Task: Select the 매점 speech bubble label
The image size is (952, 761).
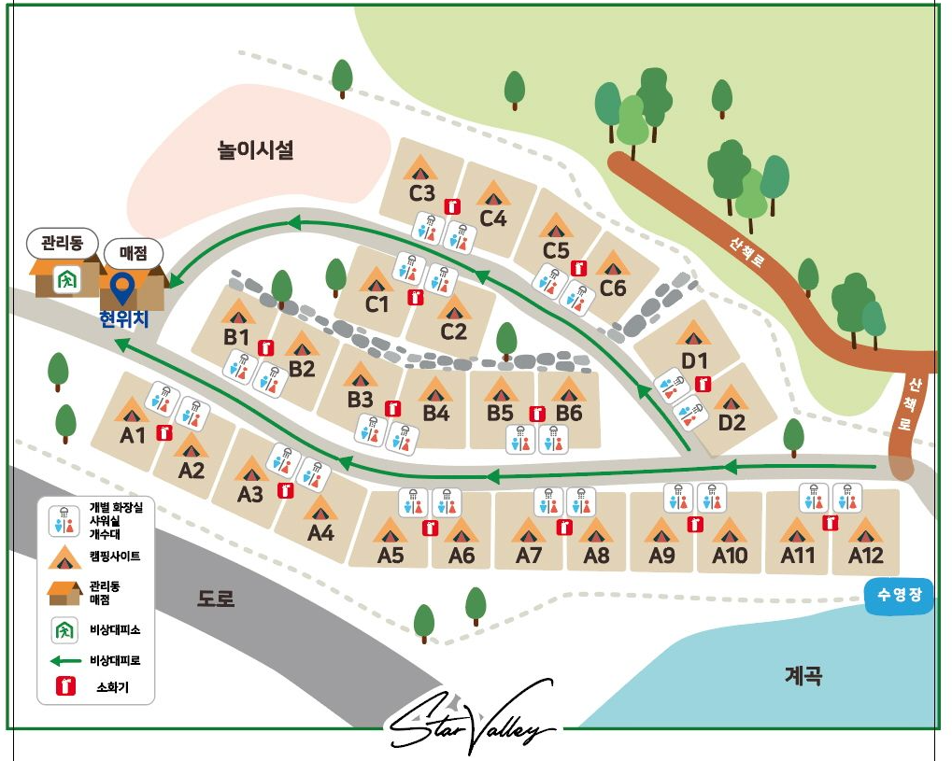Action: click(133, 252)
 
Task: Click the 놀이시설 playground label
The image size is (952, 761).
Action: click(255, 149)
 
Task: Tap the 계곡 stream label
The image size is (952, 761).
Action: click(803, 675)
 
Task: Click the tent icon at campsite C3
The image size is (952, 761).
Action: click(420, 168)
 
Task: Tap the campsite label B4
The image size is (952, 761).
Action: click(435, 413)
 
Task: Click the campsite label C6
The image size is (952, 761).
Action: click(613, 289)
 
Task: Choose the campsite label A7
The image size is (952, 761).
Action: click(529, 556)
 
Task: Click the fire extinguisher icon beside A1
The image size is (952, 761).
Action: click(165, 432)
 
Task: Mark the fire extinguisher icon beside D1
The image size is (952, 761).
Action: click(703, 384)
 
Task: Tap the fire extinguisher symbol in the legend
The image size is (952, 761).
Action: click(65, 686)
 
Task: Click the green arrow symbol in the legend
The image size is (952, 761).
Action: click(65, 660)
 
